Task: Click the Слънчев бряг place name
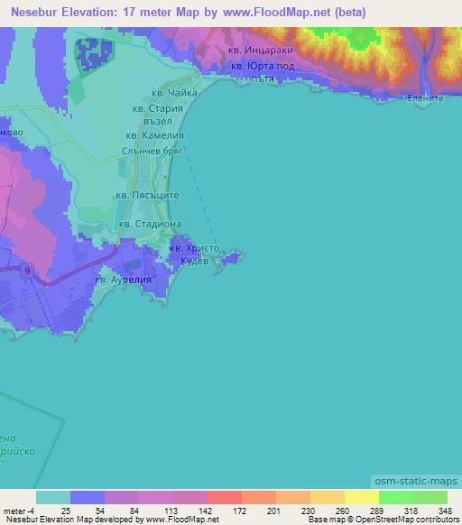(152, 152)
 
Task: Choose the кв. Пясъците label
(149, 195)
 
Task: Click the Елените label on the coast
(425, 97)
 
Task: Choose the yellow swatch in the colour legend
(362, 497)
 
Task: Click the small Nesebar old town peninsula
(234, 259)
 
